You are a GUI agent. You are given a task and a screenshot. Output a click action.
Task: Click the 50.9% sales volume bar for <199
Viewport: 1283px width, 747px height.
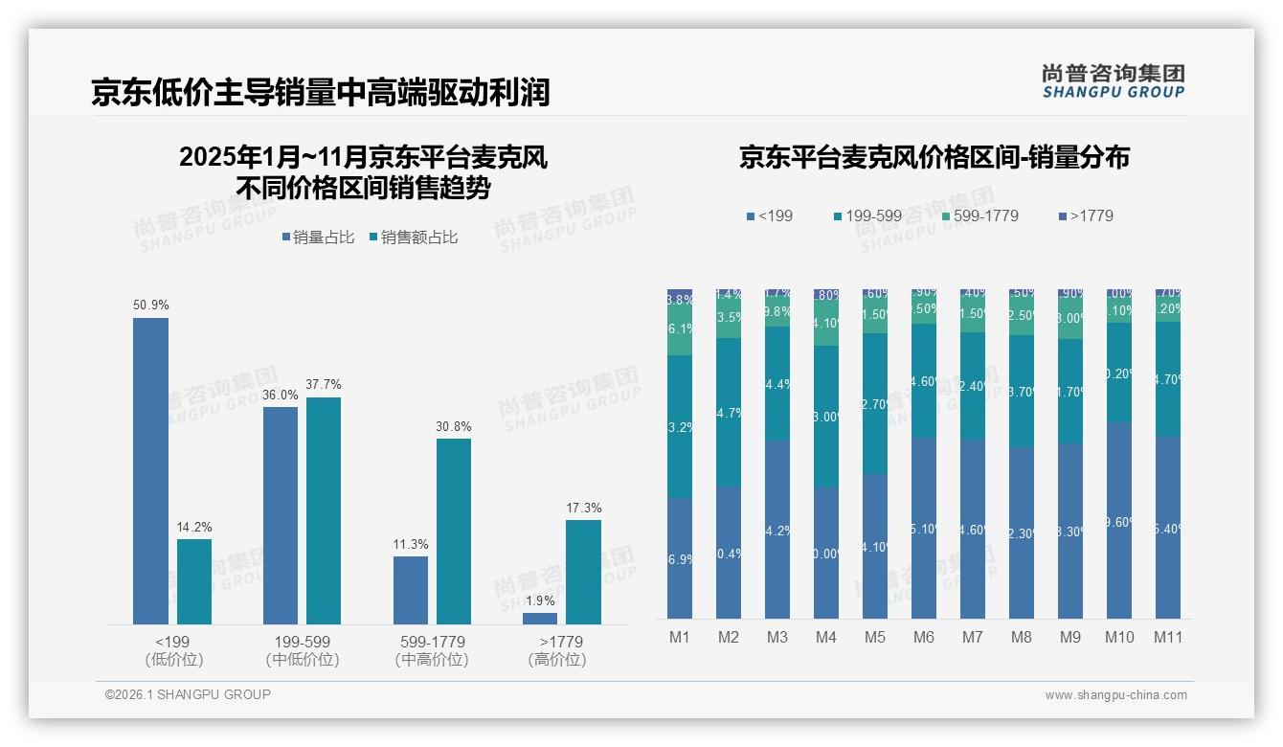coord(150,470)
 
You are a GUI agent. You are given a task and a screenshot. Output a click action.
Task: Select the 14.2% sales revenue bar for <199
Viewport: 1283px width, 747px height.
coord(194,581)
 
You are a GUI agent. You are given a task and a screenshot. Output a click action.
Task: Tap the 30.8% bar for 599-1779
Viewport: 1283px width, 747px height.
coord(454,531)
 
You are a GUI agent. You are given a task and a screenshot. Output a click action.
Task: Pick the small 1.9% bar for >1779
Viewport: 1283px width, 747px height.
coord(540,619)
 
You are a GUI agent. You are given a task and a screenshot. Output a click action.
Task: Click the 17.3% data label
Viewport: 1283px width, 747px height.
coord(583,509)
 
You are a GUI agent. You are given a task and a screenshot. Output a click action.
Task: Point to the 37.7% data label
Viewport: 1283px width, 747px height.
coord(323,385)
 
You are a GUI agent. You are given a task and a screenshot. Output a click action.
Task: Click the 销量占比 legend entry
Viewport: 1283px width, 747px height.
coord(322,238)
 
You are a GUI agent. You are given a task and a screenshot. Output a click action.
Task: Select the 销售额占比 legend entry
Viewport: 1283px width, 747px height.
coord(413,238)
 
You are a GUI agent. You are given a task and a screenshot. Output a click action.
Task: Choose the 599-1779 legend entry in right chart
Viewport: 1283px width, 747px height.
coord(979,216)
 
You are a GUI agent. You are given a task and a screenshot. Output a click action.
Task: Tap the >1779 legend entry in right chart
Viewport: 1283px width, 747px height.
coord(1086,216)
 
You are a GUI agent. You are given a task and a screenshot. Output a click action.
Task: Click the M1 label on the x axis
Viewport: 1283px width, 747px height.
coord(680,637)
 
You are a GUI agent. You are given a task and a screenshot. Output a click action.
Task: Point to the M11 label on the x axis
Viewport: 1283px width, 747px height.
coord(1167,637)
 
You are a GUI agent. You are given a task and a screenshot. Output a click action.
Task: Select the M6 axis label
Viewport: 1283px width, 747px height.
coord(924,637)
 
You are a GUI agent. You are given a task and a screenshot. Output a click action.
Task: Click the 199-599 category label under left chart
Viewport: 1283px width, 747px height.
coord(302,642)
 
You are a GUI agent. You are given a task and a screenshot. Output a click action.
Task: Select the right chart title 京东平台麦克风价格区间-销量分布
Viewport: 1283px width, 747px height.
coord(934,157)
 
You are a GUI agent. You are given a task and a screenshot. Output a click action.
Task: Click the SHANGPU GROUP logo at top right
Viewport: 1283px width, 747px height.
coord(1113,81)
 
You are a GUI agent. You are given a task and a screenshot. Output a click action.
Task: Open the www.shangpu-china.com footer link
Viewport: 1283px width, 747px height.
coord(1115,695)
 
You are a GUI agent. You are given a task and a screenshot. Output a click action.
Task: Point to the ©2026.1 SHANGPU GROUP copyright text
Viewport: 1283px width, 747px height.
coord(188,694)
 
